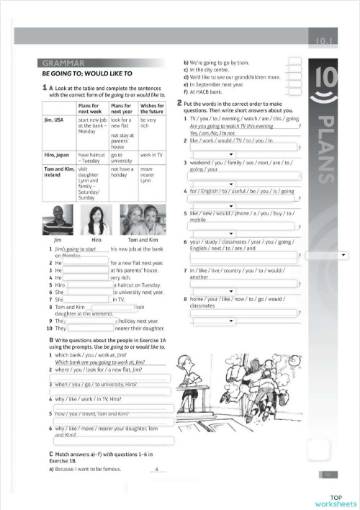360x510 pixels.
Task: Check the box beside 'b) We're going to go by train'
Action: click(x=294, y=63)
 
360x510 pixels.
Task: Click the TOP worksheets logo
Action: click(x=335, y=501)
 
